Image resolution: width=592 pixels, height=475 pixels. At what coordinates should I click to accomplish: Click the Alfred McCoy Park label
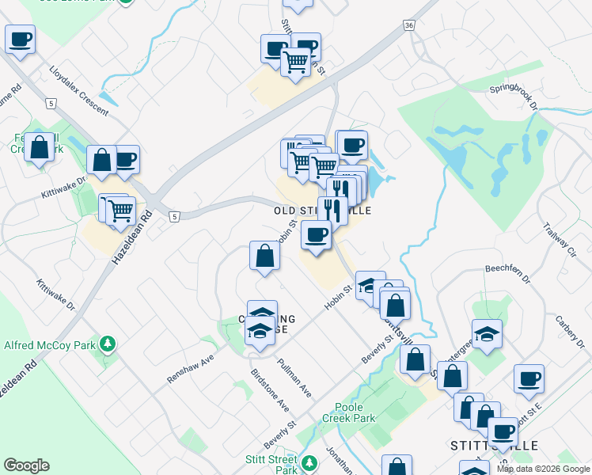click(x=49, y=345)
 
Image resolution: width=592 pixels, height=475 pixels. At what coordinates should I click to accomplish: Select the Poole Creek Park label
click(x=348, y=412)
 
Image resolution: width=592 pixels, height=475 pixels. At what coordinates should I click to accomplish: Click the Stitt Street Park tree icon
click(x=310, y=461)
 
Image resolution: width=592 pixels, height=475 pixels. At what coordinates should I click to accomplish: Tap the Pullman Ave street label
click(x=294, y=378)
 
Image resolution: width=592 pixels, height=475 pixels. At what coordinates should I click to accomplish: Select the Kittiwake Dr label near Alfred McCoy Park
click(x=55, y=294)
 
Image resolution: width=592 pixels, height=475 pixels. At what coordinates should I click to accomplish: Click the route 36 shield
click(x=408, y=26)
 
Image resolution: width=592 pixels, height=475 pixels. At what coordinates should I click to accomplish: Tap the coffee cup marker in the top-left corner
click(x=20, y=39)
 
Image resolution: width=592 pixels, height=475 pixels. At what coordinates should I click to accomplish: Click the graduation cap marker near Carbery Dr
click(x=487, y=334)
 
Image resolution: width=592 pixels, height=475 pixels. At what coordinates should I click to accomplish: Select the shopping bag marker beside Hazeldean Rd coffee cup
click(x=101, y=161)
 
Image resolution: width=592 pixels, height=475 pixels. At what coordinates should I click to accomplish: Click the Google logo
click(x=26, y=465)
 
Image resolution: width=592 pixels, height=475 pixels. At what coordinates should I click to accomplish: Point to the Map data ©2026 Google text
click(x=543, y=469)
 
